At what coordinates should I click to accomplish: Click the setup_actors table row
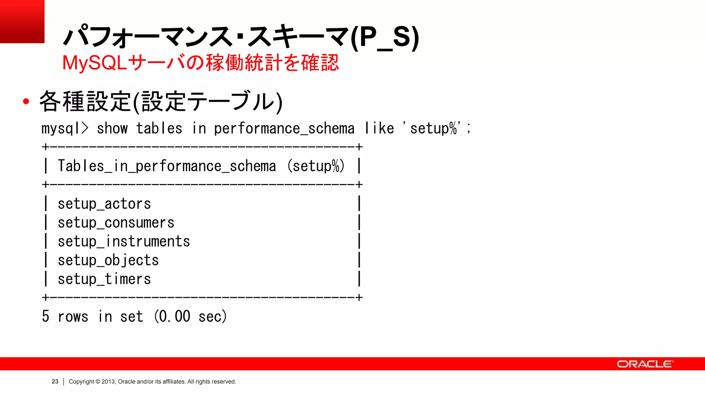point(104,204)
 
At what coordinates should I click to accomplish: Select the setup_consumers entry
point(116,223)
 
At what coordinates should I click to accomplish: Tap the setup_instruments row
point(124,241)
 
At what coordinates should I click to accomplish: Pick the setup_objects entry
point(108,260)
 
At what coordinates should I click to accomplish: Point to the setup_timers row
point(104,279)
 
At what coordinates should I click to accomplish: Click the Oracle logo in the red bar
point(644,364)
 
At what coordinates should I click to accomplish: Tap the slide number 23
point(55,381)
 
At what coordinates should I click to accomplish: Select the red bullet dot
point(26,101)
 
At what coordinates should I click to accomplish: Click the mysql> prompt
point(65,129)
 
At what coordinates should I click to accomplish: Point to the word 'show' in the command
point(112,129)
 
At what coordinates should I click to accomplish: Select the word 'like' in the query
point(379,129)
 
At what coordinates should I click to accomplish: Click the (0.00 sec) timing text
point(190,316)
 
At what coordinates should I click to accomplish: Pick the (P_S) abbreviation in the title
point(385,37)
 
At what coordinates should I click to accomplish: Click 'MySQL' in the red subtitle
point(95,63)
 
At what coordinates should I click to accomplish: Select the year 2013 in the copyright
point(108,381)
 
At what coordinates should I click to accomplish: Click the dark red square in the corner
point(22,21)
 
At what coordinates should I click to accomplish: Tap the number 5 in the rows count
point(45,316)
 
